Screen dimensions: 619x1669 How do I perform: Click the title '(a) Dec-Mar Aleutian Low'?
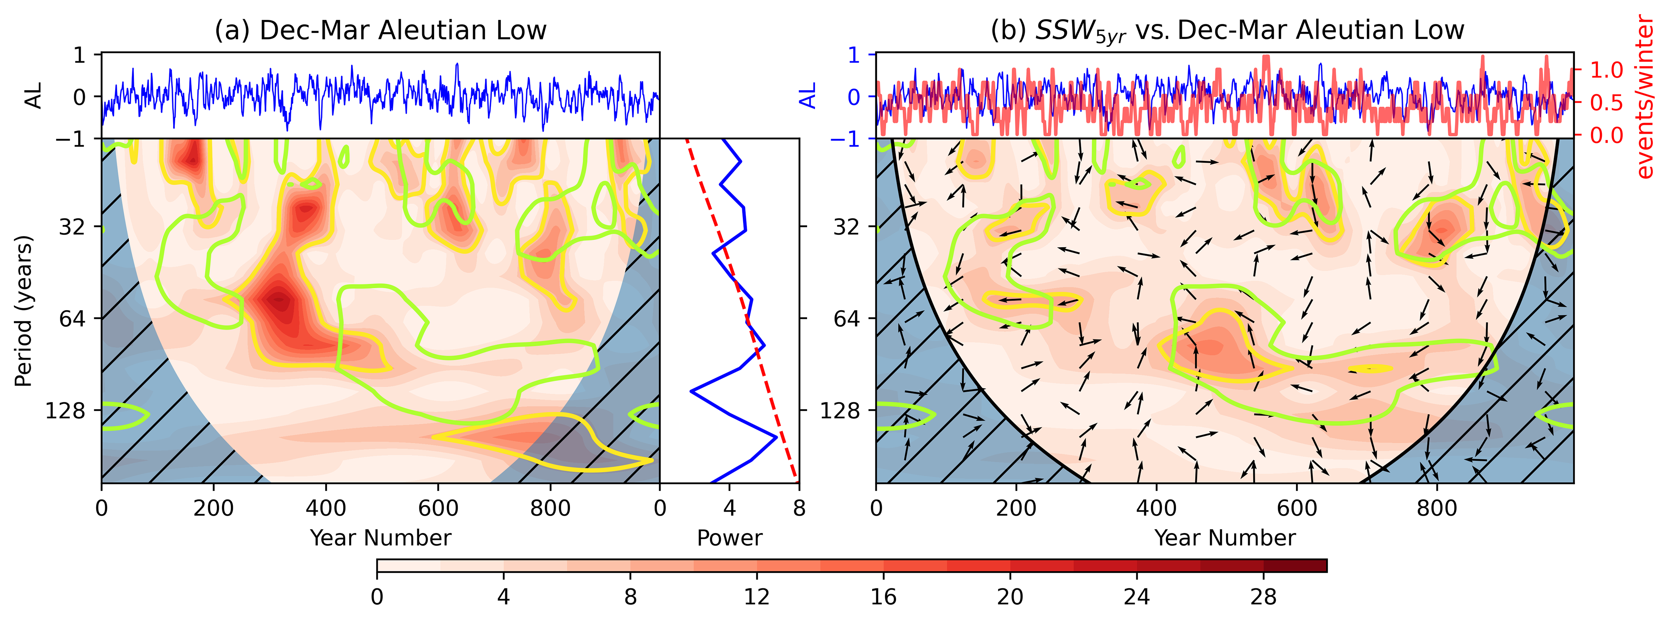click(381, 31)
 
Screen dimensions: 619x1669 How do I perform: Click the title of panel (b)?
click(1227, 31)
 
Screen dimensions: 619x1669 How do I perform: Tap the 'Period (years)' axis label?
click(23, 311)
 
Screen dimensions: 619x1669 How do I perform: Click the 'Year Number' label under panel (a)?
click(381, 538)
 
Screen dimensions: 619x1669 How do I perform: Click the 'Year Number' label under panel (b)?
click(1225, 538)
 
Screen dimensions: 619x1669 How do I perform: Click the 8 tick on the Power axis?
click(799, 508)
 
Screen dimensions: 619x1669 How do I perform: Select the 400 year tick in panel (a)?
click(326, 508)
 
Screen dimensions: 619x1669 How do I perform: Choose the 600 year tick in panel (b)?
click(1296, 508)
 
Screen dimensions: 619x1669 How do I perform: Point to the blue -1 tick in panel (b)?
click(846, 139)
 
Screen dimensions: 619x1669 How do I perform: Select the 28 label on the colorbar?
click(1263, 596)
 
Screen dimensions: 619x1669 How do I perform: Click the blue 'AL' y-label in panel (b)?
click(807, 96)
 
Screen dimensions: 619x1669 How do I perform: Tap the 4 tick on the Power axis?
click(730, 508)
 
